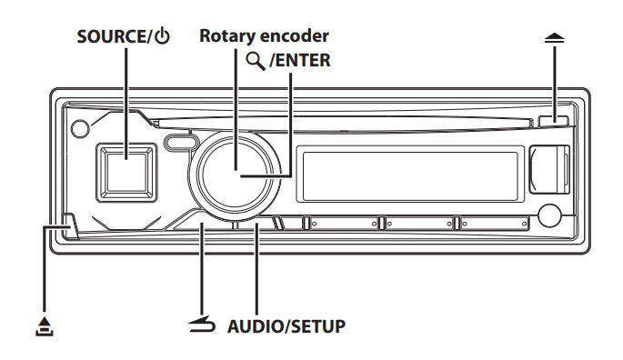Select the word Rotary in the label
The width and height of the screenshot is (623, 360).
click(x=229, y=36)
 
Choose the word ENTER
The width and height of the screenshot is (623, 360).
click(x=304, y=62)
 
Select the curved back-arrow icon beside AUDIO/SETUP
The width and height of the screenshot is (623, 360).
click(x=201, y=325)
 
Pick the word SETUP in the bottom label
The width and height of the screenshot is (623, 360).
click(x=318, y=325)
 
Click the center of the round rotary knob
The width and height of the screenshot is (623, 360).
click(x=235, y=171)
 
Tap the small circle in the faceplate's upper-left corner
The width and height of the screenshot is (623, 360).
click(x=81, y=129)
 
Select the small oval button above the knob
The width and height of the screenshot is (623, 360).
click(x=181, y=142)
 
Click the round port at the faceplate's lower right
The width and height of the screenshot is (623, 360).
click(x=549, y=217)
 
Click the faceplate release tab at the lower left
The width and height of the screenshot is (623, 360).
click(x=68, y=227)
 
